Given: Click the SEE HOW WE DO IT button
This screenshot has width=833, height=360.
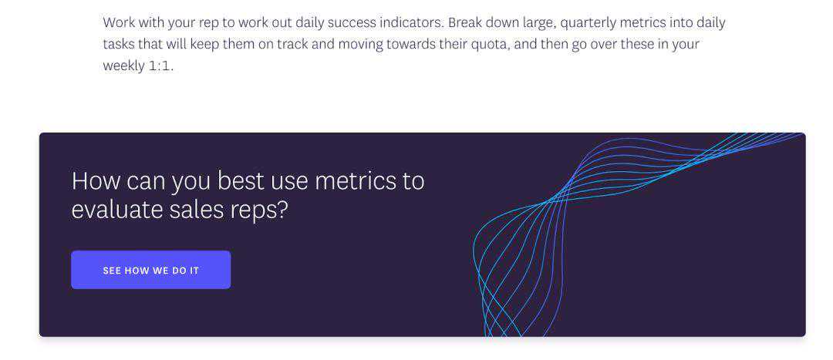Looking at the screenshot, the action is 151,270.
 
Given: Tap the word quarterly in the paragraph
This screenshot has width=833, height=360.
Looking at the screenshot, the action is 586,23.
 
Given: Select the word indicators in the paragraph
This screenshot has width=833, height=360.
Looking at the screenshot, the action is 412,23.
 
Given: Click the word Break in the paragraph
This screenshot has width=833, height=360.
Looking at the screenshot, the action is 465,23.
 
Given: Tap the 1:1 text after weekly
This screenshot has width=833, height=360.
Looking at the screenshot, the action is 160,66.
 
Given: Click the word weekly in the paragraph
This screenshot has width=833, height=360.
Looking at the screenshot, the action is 123,66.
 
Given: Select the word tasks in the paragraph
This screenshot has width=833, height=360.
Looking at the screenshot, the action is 119,45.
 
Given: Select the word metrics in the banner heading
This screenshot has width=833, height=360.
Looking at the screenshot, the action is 355,181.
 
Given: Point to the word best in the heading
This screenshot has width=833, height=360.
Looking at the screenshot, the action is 241,180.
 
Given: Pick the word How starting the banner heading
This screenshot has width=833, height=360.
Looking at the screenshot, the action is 96,180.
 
